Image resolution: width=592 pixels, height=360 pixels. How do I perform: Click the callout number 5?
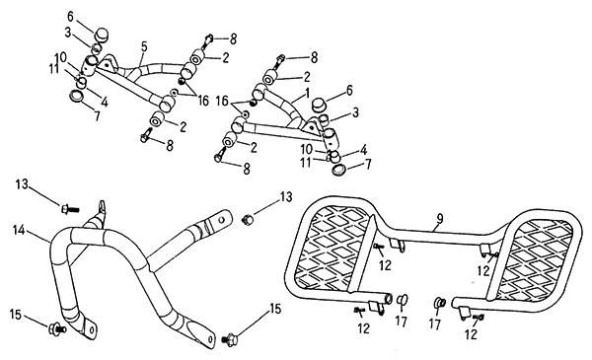(144, 46)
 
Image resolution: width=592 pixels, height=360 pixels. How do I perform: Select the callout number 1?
(307, 93)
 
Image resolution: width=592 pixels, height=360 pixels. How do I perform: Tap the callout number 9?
(440, 219)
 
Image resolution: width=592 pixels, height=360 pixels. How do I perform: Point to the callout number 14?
(19, 230)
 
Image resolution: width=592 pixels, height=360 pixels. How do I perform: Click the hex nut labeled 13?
(247, 219)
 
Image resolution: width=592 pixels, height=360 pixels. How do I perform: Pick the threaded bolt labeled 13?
(70, 208)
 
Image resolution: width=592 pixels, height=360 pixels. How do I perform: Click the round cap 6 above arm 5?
(102, 35)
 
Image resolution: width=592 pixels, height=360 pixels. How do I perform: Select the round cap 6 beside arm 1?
(319, 105)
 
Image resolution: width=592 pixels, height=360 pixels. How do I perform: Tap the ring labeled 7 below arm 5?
(77, 96)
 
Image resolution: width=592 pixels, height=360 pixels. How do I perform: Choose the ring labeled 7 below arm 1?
(340, 169)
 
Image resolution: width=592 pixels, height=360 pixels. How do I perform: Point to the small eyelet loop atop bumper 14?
(102, 206)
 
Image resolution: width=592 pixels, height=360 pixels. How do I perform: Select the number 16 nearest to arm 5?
(203, 101)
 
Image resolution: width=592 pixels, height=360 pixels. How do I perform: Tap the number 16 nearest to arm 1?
(222, 102)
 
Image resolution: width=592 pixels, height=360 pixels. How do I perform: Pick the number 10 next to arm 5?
(60, 58)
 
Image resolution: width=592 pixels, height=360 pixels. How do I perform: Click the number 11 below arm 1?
(306, 162)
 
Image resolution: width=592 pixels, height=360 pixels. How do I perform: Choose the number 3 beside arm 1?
(355, 112)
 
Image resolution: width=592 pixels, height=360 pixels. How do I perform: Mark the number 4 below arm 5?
(105, 102)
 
